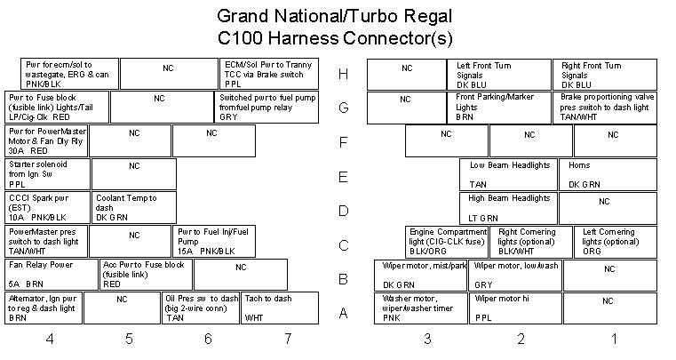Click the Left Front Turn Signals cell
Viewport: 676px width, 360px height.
[499, 75]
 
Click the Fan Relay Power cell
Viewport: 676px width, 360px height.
[51, 274]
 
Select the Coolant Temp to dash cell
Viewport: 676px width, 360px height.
[133, 208]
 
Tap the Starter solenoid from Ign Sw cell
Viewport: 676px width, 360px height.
[47, 174]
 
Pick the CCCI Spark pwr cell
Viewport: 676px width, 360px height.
[47, 208]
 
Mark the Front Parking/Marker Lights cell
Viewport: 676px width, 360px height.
[500, 108]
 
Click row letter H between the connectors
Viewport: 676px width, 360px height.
[343, 75]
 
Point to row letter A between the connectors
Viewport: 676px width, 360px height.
[343, 314]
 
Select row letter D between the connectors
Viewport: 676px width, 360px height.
[343, 212]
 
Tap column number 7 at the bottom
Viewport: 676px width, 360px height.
[287, 339]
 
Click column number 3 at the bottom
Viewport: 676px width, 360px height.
[427, 339]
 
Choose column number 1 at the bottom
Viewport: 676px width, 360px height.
[613, 339]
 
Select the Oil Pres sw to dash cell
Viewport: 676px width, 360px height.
[202, 308]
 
